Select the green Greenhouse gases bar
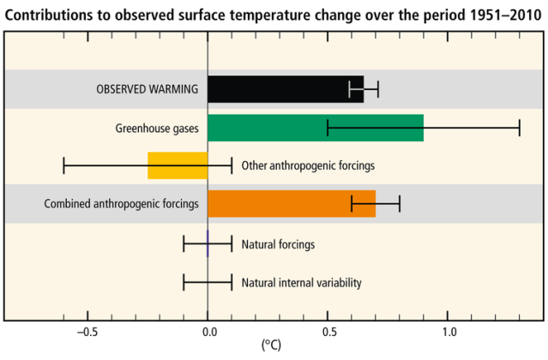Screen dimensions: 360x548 coord(315,128)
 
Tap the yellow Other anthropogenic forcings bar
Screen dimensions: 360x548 coord(178,165)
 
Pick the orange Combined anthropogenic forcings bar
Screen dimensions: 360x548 coord(291,204)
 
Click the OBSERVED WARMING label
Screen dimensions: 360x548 coord(148,89)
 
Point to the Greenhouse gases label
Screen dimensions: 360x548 coord(157,129)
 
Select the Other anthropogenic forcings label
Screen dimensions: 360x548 coord(308,165)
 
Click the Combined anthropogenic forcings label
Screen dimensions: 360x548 coord(122,204)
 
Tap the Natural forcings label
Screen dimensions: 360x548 coord(278,244)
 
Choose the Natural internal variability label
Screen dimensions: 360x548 coord(301,282)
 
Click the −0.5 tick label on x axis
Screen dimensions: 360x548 coord(87,332)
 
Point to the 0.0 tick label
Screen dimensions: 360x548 coord(208,332)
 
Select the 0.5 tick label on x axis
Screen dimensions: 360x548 coord(328,332)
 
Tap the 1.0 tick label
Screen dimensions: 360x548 coord(448,332)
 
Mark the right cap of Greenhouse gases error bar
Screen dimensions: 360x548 coord(520,128)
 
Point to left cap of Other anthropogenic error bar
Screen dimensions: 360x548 coord(63,165)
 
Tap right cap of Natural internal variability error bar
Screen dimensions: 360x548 coord(232,282)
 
